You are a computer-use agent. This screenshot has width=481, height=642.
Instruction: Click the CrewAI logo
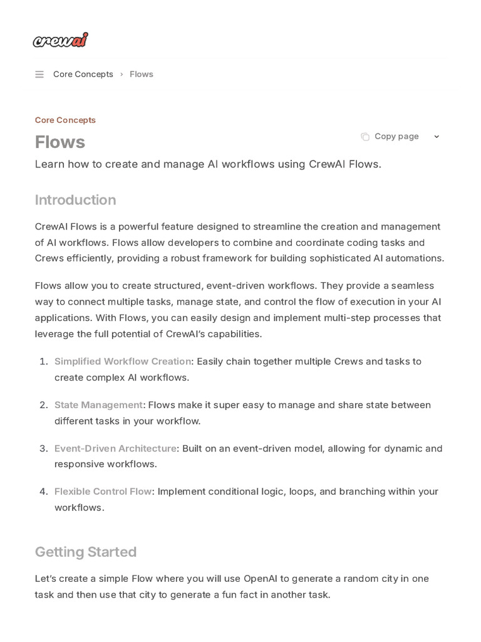coord(60,40)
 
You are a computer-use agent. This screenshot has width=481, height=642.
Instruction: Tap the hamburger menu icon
coord(39,75)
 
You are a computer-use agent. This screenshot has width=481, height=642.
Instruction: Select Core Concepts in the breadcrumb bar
coord(83,74)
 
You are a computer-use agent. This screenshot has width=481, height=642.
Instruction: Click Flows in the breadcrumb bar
coord(142,74)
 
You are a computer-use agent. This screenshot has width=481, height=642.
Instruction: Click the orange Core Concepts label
coord(65,120)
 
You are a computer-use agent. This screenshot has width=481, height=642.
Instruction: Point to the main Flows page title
coord(60,142)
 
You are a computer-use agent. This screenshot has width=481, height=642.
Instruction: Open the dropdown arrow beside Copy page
coord(437,137)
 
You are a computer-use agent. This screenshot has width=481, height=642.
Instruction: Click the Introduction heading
coord(75,200)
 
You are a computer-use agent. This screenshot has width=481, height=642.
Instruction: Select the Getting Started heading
coord(85,552)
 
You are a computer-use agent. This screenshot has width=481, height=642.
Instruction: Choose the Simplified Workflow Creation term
coord(123,361)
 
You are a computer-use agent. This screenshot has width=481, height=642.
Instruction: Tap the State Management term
coord(98,405)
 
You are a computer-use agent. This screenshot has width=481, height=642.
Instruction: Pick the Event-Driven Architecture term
coord(115,448)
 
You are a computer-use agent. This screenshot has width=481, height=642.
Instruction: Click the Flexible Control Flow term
coord(103,492)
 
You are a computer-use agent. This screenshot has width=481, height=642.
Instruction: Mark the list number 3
coord(44,448)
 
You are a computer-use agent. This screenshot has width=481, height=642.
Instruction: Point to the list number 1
coord(44,361)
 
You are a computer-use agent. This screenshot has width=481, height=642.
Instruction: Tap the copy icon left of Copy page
coord(365,137)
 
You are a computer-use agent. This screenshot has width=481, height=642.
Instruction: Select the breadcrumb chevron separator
coord(122,75)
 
